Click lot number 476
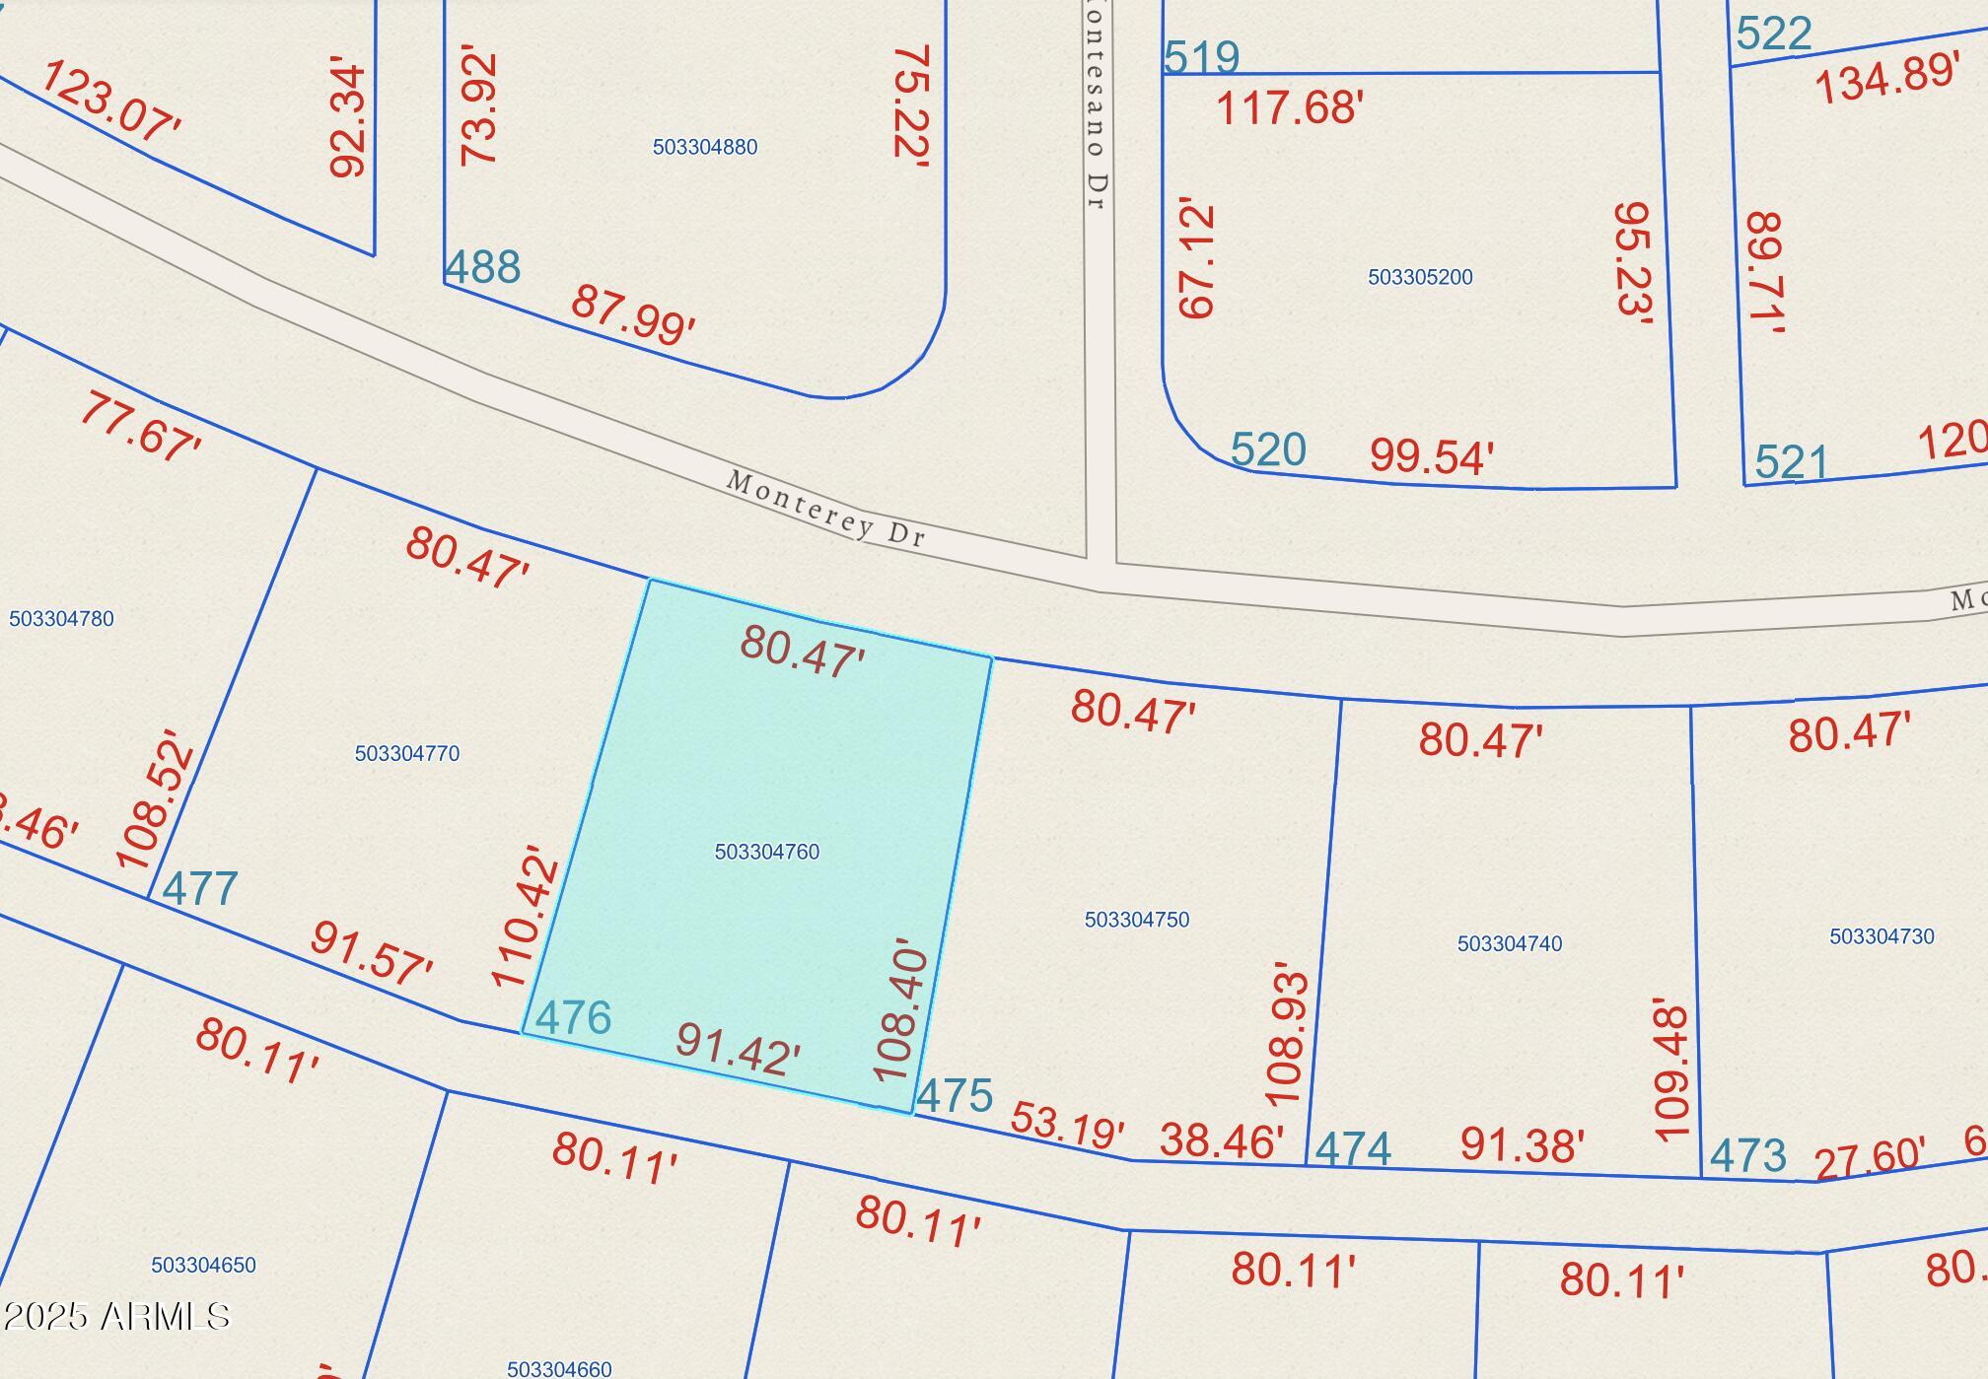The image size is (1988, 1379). [573, 1017]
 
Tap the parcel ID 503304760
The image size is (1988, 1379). [766, 852]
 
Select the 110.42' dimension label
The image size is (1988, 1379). [526, 916]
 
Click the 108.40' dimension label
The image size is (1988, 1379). [901, 1010]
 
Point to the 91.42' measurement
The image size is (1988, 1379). [738, 1050]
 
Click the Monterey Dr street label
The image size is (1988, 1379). [825, 509]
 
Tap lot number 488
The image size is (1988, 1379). [482, 267]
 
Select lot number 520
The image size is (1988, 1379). [1268, 450]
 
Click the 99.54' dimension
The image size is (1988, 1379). [1431, 457]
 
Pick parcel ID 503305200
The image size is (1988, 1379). [1419, 277]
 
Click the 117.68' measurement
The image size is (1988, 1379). [1289, 107]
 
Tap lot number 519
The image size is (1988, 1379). [1201, 57]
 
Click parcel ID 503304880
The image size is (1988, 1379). [704, 147]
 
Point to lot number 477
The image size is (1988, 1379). [200, 889]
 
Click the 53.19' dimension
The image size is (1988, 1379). [1067, 1125]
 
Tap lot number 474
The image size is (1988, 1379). [1353, 1148]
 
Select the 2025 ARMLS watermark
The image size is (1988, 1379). [115, 1316]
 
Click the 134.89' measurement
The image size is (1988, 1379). [1885, 79]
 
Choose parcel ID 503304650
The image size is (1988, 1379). [203, 1265]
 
